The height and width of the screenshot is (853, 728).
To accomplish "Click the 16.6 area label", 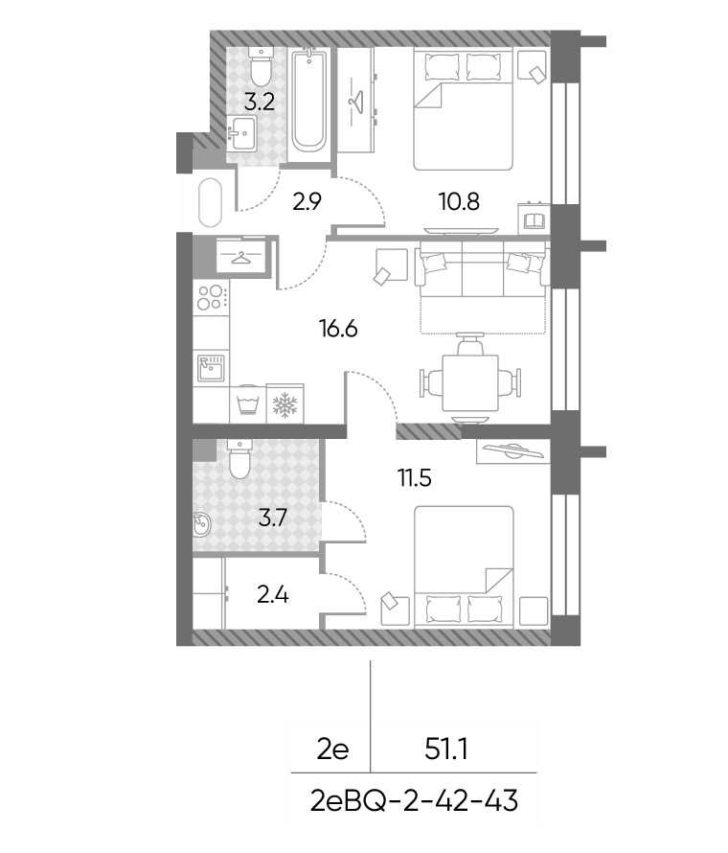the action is tap(338, 329).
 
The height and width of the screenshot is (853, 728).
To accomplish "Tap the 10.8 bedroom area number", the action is tap(459, 201).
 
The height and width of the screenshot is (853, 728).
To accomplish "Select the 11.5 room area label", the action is tap(415, 478).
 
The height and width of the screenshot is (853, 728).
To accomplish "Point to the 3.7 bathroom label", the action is tap(272, 518).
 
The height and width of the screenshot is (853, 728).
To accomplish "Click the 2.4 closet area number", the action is tap(272, 594).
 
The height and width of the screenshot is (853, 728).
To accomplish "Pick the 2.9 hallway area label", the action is tap(307, 201).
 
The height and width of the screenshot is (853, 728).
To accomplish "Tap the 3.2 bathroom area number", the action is tap(259, 102).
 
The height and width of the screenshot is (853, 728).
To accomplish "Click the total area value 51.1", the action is tap(445, 749).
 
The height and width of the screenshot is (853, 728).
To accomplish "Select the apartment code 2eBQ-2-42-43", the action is tap(414, 801).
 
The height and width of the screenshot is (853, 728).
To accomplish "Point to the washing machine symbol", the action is tap(248, 403).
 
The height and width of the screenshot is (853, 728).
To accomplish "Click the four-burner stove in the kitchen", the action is tap(211, 297).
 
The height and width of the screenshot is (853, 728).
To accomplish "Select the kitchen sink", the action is tap(211, 368).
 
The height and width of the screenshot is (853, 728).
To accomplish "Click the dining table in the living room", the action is tap(470, 382).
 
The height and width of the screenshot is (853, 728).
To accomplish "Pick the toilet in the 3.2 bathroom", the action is tap(262, 66).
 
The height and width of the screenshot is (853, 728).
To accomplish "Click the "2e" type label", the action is tap(332, 749).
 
